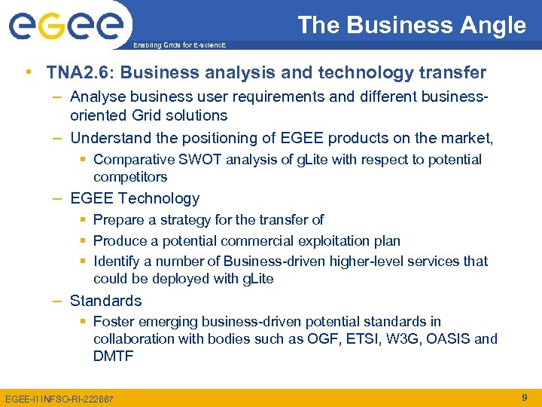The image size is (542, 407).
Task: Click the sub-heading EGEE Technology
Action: point(135,199)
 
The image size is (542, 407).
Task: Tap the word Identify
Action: point(117,262)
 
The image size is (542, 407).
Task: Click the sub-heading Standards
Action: point(105,301)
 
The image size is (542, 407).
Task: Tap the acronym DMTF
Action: point(113,356)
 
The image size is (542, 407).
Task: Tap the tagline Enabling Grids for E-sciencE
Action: point(179,45)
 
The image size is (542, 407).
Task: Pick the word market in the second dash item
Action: point(466,139)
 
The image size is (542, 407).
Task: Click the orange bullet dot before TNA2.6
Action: point(28,73)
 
